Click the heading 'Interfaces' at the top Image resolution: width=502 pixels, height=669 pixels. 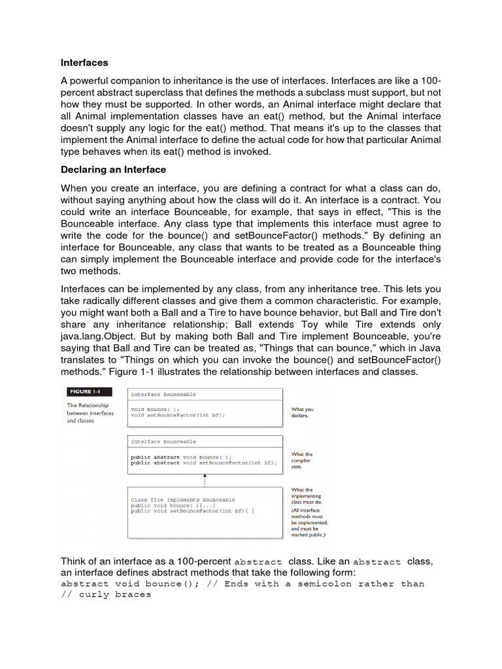pos(84,63)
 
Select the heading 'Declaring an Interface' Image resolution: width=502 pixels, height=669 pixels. pos(113,170)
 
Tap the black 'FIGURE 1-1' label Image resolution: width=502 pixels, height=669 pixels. pos(88,392)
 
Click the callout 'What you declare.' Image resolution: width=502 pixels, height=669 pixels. pos(302,412)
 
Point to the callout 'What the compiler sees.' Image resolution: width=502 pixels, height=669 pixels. pos(301,461)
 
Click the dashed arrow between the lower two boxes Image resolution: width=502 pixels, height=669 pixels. pos(205,480)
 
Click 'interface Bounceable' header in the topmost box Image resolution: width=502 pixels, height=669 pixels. pos(163,395)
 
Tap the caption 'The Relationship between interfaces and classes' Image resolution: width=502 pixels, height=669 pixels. pos(90,413)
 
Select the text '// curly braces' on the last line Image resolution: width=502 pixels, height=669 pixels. pos(106,595)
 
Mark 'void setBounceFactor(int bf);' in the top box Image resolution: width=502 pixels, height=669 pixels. pos(178,416)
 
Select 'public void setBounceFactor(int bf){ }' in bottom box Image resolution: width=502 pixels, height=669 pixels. pos(193,512)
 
